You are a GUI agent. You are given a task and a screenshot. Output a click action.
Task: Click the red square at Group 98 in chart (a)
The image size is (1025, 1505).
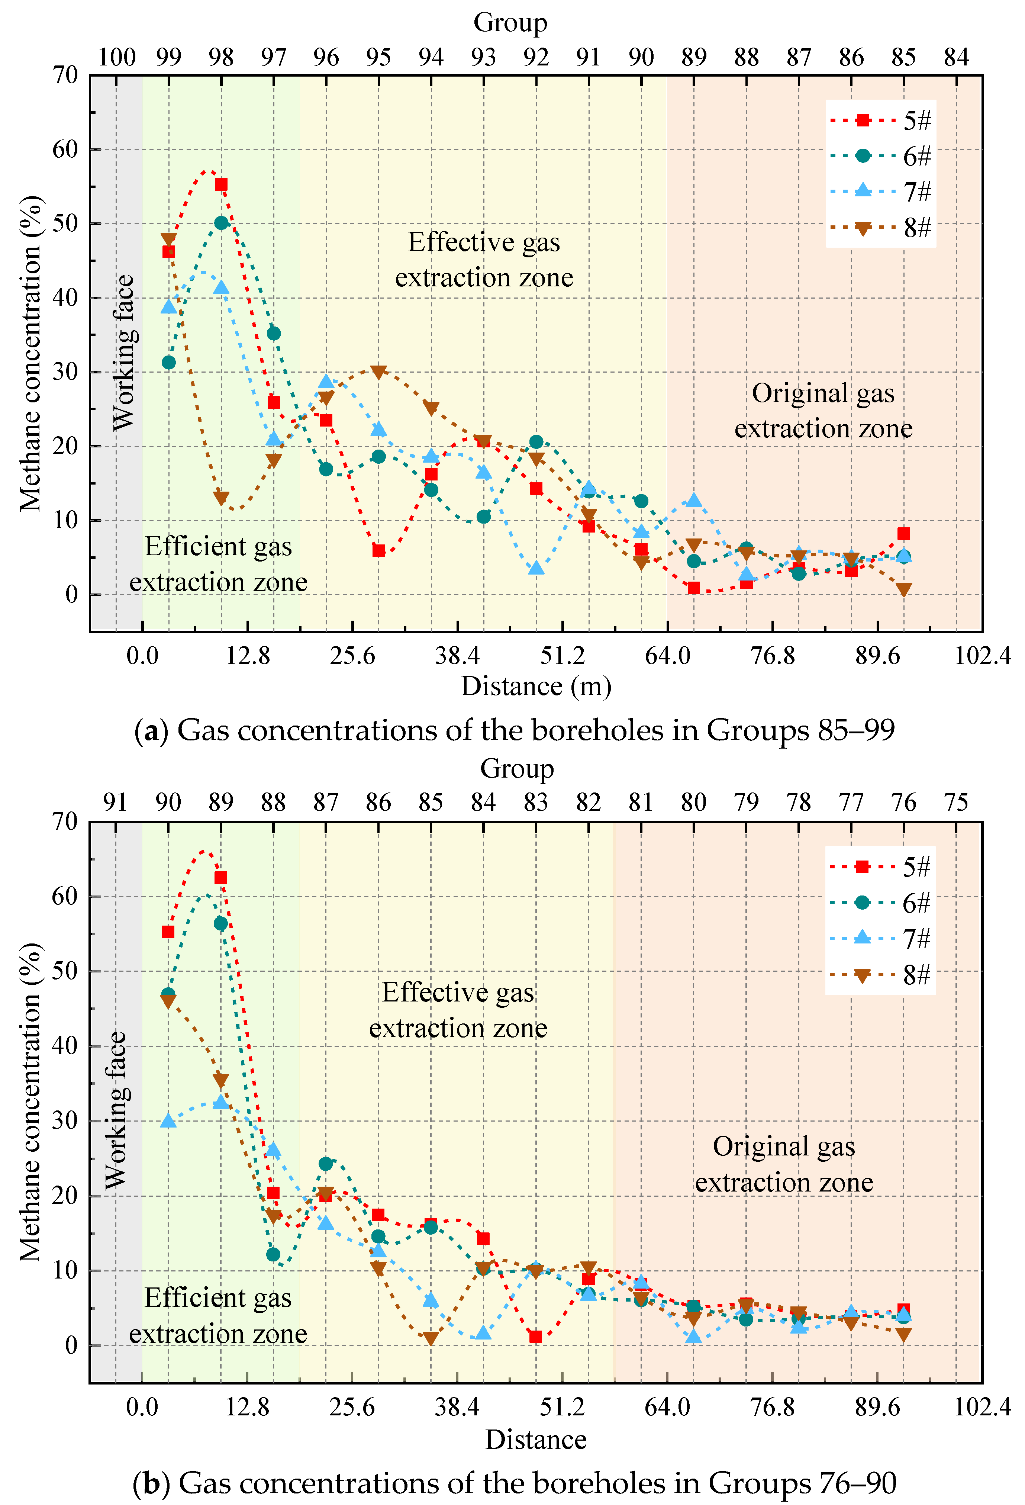point(221,184)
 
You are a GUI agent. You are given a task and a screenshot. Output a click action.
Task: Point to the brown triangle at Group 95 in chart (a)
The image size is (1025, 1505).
point(379,372)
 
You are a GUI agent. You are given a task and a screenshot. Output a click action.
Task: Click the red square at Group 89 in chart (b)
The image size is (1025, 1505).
point(221,878)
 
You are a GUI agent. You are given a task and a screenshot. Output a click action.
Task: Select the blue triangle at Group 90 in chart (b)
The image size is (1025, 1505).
point(168,1120)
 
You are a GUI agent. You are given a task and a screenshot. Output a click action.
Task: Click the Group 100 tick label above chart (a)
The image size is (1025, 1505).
point(116,57)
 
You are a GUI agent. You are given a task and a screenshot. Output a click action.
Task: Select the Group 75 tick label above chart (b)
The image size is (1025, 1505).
point(956,803)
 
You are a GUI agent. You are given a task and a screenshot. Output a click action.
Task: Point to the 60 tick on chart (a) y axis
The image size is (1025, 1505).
point(65,149)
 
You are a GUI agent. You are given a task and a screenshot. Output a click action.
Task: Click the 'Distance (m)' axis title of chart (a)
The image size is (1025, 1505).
point(536,686)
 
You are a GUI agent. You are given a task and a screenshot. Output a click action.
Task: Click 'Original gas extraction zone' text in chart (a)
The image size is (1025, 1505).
point(823,411)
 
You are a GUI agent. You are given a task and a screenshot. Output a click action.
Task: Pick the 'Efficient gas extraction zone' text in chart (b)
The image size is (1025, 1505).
point(218,1315)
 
